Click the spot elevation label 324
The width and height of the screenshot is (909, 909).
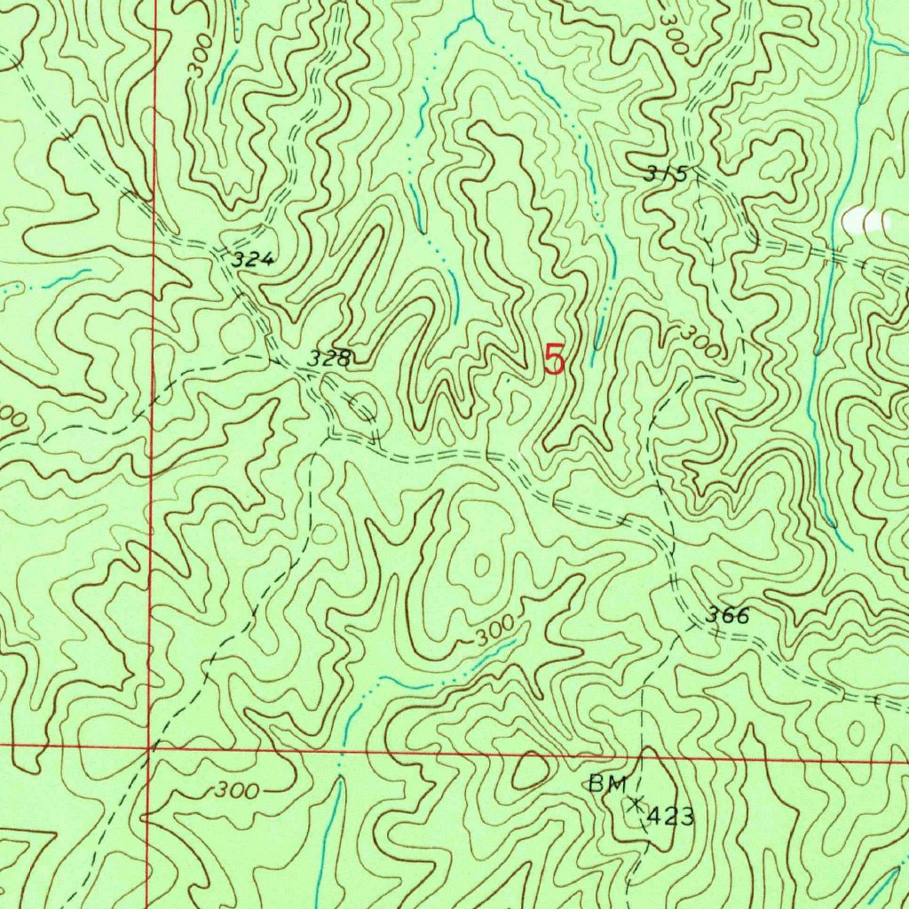254,260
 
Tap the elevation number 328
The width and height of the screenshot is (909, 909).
330,359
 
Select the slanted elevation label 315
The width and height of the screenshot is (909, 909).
667,174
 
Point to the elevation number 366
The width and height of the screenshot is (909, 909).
728,615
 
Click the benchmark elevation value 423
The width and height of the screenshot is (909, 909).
670,817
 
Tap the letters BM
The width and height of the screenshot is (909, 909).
608,784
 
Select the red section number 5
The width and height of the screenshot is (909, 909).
554,360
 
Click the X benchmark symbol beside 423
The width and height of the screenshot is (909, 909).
636,804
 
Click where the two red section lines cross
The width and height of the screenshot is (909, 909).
149,747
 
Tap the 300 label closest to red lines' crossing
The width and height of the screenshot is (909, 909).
236,790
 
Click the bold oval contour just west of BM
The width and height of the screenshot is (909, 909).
530,771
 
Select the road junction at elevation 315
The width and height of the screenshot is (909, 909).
698,178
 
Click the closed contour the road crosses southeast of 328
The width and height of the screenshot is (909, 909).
366,407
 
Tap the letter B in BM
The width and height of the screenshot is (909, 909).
597,784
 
